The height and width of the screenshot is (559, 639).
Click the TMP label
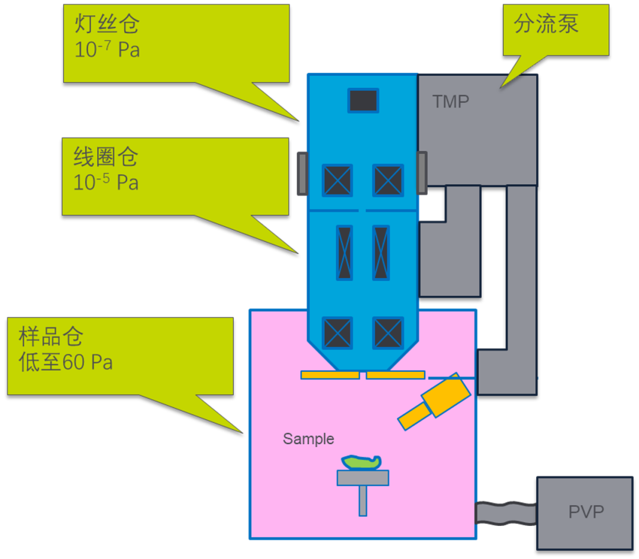coord(450,102)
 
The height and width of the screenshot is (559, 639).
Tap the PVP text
coord(586,512)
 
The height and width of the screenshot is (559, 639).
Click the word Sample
coord(308,439)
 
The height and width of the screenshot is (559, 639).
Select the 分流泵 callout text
coord(546,24)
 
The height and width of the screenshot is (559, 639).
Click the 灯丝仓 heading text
coord(106,24)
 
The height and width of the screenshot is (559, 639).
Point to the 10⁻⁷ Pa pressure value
coord(107,50)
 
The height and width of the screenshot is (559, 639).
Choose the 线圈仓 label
coord(106,157)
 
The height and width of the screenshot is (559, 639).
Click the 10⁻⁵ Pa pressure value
coord(106,182)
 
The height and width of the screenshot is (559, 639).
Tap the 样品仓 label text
coord(51,337)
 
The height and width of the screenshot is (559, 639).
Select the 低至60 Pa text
coord(66,362)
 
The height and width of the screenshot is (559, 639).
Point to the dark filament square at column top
coord(363,101)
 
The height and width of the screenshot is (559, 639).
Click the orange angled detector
coord(435,401)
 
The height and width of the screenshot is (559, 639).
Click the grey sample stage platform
coord(363,477)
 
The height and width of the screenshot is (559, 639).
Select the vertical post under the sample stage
coord(363,500)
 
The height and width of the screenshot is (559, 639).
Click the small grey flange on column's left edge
coord(302,174)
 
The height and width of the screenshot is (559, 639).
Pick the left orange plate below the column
coord(330,375)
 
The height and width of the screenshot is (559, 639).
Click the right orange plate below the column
coord(395,375)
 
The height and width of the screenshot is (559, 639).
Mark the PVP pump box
coord(585,513)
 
